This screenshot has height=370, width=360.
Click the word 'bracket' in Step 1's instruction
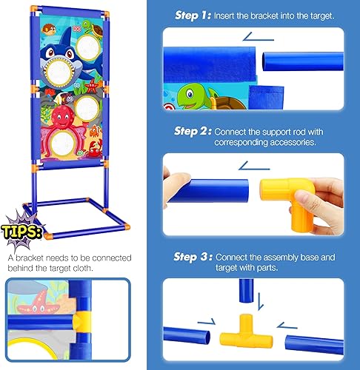click(x=263, y=16)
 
